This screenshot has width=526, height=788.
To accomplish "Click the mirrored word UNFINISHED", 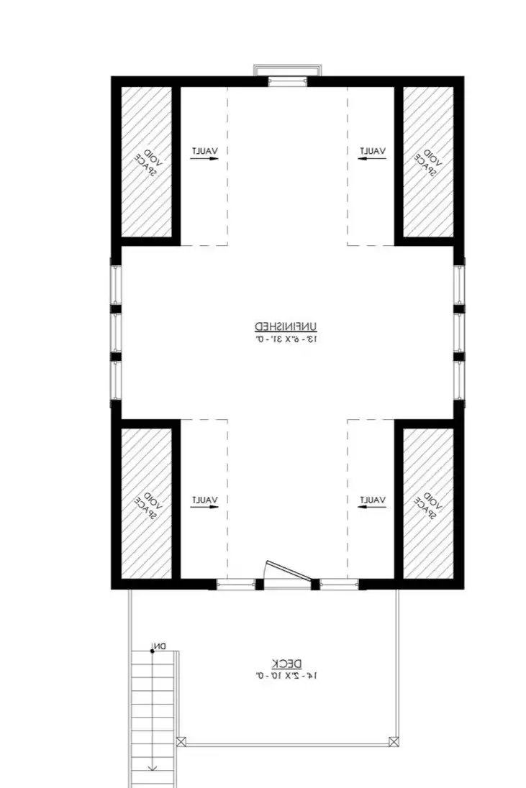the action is coord(286,326).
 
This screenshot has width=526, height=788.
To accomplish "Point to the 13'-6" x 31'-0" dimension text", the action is coord(286,339).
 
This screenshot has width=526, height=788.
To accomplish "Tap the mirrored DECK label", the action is coord(286,663).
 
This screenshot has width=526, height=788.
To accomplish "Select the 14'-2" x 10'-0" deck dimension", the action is coord(286,676).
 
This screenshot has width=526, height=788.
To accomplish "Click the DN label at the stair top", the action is coord(160,646).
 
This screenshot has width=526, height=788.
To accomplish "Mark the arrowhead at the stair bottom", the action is coord(153,768).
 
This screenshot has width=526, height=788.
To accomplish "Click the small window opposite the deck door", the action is coord(287,81).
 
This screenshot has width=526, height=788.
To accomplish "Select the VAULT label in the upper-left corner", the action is coord(204,150).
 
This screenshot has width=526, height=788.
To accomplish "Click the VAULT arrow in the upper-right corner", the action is coord(372,158).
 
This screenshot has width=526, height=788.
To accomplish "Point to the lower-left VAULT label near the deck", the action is coord(204,500).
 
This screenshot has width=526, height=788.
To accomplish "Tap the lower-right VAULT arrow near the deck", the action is coord(372,507).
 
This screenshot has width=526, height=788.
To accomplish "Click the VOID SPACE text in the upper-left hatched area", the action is coord(148,162).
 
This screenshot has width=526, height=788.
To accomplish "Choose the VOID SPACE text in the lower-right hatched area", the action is coord(428,505).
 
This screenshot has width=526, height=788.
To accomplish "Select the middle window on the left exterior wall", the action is coord(116,332).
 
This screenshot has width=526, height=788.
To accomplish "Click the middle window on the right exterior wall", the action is coord(459,332).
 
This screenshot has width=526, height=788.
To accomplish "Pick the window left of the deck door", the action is coord(235,584).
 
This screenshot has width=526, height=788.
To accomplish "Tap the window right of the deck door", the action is coord(340,584).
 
